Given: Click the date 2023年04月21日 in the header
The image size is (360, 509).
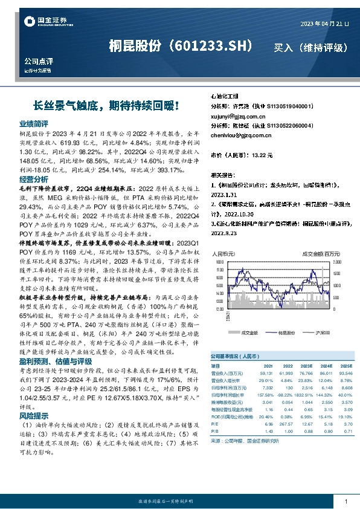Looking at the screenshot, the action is (x=324, y=23).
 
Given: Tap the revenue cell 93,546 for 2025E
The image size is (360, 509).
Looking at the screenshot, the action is (x=346, y=374).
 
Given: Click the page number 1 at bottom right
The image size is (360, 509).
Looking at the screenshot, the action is (x=345, y=501).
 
